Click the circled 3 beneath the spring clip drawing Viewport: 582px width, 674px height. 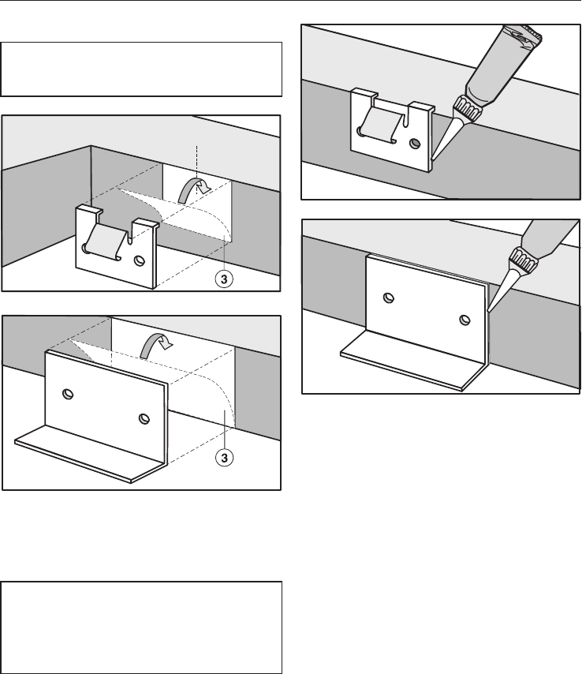(224, 279)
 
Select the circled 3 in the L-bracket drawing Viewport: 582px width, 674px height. (224, 458)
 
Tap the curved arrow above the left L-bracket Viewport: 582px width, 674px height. (157, 345)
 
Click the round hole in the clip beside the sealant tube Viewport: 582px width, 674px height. (415, 143)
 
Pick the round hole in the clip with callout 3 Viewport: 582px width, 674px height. (139, 260)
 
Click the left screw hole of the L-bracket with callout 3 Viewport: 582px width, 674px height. (68, 394)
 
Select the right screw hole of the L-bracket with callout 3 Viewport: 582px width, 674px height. (144, 418)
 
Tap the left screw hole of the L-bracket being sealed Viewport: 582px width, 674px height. (389, 298)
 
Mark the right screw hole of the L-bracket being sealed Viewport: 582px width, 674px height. (464, 320)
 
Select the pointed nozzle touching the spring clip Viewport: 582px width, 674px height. (445, 138)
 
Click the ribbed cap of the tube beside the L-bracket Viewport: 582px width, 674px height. (522, 260)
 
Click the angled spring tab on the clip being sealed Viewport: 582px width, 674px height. (382, 125)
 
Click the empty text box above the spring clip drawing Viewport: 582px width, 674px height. (141, 69)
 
